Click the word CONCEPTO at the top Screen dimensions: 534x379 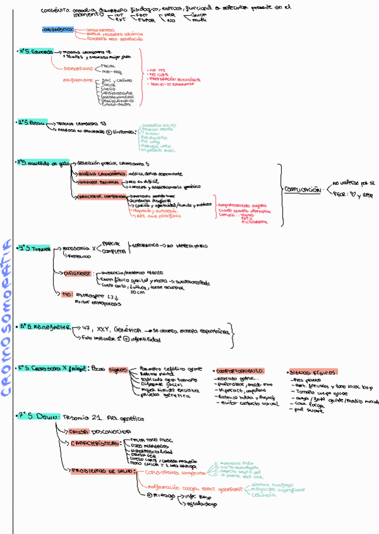click(x=55, y=11)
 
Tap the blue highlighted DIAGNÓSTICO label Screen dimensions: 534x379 click(x=59, y=30)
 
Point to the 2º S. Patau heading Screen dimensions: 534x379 click(x=32, y=123)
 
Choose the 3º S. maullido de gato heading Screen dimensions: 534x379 click(x=42, y=163)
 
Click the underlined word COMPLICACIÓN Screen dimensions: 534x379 click(x=301, y=190)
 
